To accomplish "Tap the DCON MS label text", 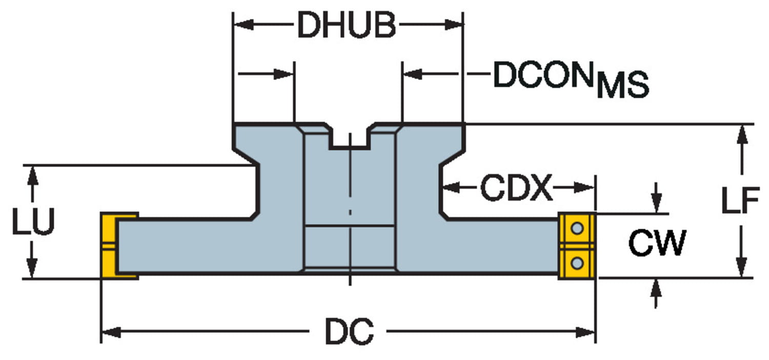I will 569,79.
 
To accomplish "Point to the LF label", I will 740,201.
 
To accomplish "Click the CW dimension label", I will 657,244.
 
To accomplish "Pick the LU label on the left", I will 33,222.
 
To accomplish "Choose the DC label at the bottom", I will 349,332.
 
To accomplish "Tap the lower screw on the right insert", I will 577,264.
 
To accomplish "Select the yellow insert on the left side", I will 110,246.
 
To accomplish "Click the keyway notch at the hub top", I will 350,138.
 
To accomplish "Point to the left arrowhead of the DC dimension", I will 110,332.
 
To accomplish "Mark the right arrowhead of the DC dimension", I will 586,332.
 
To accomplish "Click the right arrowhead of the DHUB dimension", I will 454,25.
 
